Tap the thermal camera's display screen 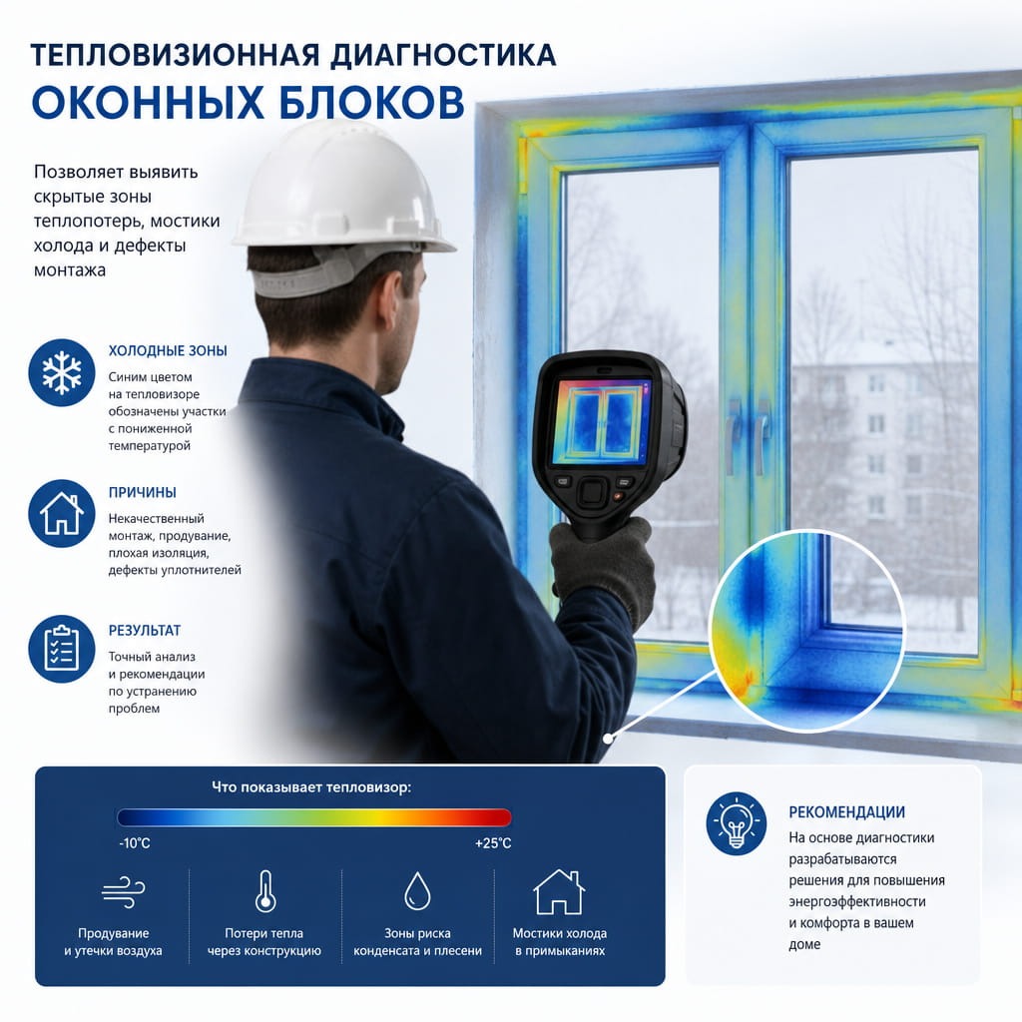point(602,420)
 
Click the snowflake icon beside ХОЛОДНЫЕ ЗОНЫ point(62,373)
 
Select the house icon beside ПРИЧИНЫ point(62,514)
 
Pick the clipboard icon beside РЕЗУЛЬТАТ point(62,649)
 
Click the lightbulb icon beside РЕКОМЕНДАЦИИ point(737,823)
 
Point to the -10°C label point(135,843)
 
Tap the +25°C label point(493,843)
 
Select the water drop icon point(417,891)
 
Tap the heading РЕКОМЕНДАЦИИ point(846,812)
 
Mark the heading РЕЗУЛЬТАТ point(145,631)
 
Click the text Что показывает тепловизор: point(311,787)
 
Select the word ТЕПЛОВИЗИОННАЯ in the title point(176,56)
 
